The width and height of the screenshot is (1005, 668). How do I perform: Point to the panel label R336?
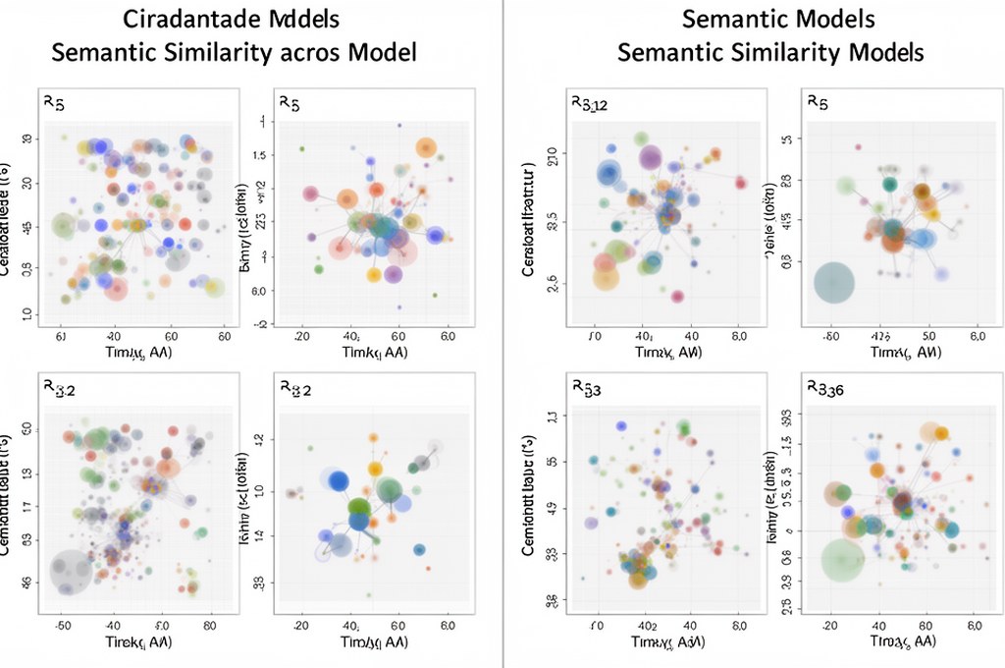click(829, 387)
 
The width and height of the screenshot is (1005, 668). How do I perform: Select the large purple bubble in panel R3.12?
click(650, 157)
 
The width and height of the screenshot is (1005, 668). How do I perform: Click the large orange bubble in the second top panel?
click(425, 148)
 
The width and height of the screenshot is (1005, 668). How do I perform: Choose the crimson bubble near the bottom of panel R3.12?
click(677, 296)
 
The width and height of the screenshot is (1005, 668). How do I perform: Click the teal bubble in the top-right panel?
click(890, 184)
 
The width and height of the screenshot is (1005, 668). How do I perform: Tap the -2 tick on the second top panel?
click(260, 323)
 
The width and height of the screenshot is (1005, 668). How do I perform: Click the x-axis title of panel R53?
click(668, 642)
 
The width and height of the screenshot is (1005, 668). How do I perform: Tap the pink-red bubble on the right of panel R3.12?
click(741, 182)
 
